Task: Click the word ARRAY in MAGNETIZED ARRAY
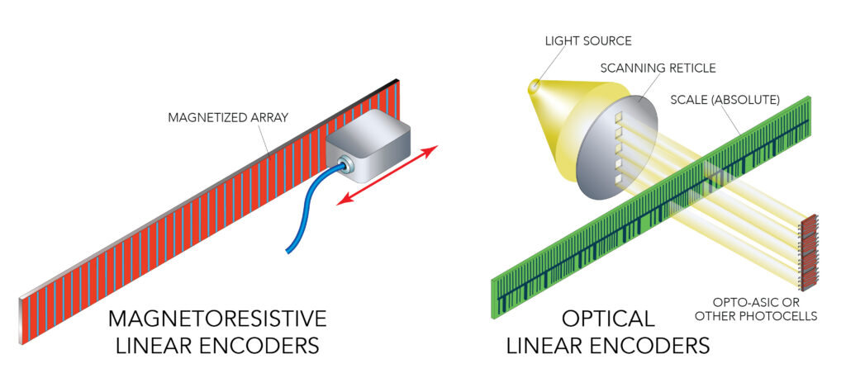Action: [x=264, y=117]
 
